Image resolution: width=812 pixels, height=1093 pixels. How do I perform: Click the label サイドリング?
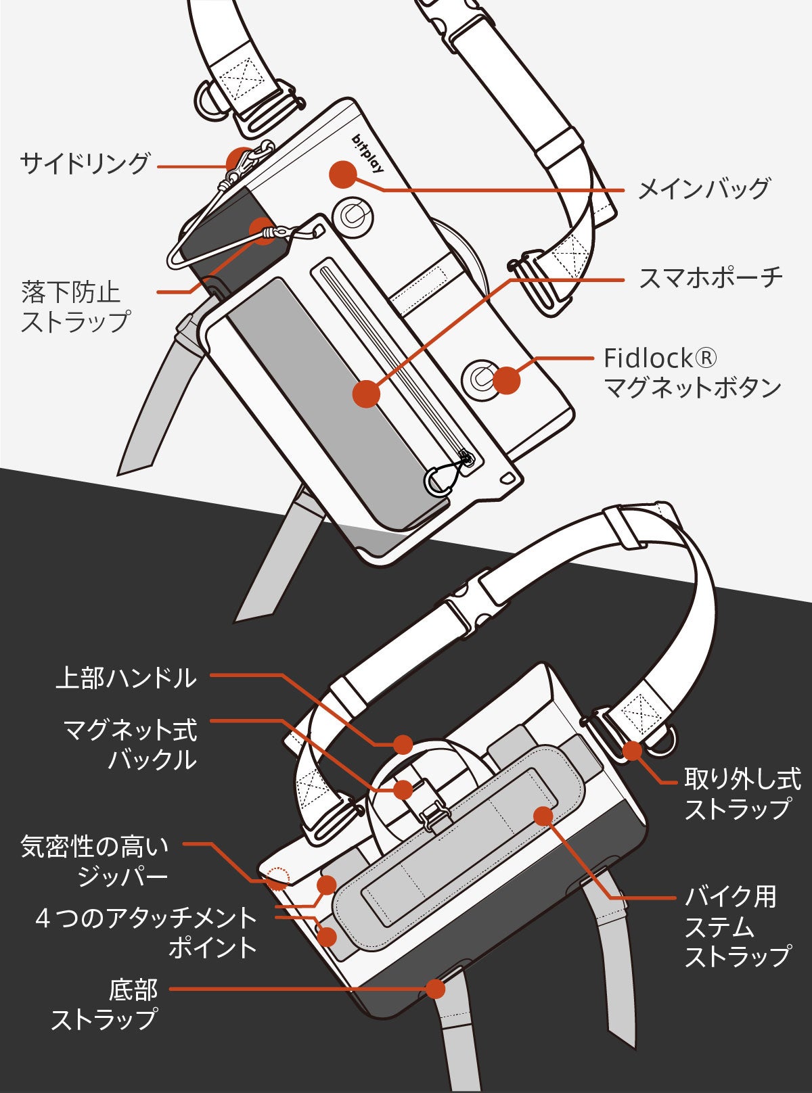point(85,164)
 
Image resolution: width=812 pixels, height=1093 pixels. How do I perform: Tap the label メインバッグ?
point(704,189)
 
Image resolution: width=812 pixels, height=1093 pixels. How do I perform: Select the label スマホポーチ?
point(710,277)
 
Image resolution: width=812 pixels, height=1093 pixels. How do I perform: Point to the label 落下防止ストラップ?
point(74,306)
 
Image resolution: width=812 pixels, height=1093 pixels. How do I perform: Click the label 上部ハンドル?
point(127,678)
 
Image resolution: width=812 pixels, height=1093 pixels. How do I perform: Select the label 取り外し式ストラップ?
point(742,793)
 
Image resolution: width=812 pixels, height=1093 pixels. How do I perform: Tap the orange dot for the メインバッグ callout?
point(342,174)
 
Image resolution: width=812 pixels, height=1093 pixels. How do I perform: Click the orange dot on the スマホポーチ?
point(367,393)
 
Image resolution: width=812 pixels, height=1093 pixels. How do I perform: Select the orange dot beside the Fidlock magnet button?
point(506,380)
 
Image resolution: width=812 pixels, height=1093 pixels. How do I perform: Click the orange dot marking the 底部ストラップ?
point(435,988)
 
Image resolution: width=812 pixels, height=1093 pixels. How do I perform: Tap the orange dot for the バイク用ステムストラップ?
point(543,816)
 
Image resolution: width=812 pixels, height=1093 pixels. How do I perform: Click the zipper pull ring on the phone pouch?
point(439,480)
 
